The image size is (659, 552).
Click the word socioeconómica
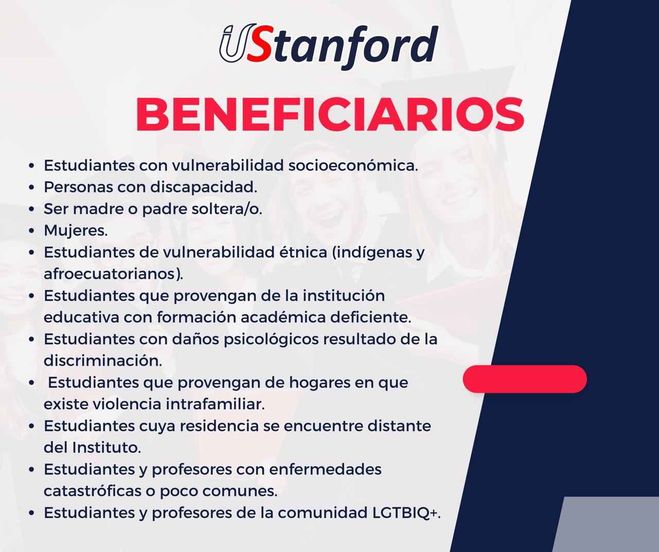353,165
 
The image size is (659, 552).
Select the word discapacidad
203,187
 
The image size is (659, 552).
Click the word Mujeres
76,230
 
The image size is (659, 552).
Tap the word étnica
303,252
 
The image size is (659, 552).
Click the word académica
283,317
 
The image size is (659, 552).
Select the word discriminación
103,361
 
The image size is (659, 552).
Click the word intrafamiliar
215,404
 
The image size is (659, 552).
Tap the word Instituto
107,447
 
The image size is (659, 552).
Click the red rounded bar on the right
525,379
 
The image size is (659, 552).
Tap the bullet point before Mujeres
31,231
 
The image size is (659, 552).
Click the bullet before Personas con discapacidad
31,187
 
